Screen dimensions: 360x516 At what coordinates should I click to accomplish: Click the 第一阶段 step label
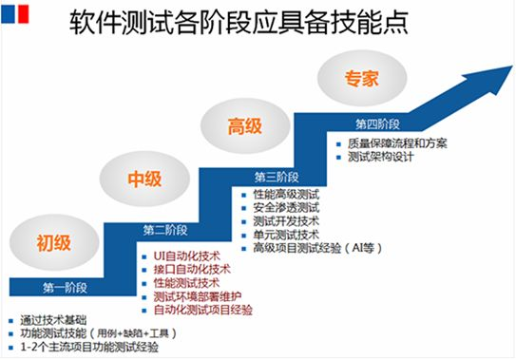click(x=65, y=286)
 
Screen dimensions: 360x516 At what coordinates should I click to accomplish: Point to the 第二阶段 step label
click(x=166, y=230)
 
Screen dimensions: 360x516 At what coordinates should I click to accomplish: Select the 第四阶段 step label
click(x=377, y=124)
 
